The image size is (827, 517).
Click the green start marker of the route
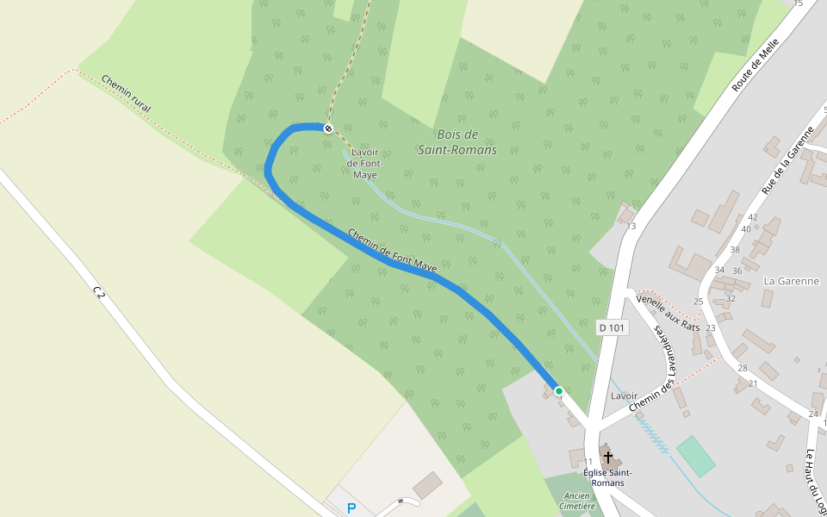tap(558, 391)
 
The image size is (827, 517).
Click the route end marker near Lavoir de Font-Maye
tap(328, 128)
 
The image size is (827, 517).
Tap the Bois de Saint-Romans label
tap(457, 142)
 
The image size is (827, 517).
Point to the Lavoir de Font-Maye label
tap(364, 164)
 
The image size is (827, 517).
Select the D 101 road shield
tap(612, 327)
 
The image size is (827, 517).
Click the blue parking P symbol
tap(351, 508)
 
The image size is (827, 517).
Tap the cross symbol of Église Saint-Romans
tap(608, 456)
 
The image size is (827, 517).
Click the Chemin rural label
tap(126, 94)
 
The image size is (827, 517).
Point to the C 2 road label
tap(99, 294)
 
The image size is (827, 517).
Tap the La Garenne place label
tap(791, 281)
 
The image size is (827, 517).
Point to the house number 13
tap(631, 227)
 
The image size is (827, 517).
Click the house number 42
tap(753, 217)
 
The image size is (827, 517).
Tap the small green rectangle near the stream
tap(695, 456)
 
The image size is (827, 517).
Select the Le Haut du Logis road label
tap(815, 483)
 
